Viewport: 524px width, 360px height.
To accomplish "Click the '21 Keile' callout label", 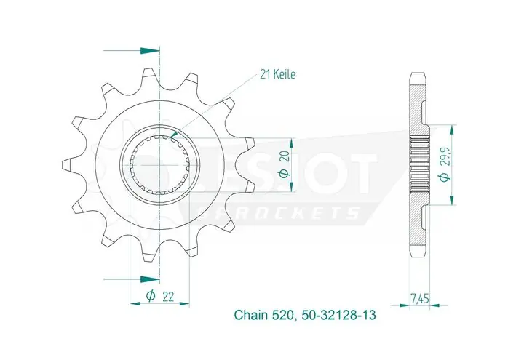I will [x=277, y=74].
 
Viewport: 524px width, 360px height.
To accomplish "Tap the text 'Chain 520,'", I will [x=263, y=316].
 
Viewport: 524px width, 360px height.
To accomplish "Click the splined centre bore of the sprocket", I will [x=160, y=164].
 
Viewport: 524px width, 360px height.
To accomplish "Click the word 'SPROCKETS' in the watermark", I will [x=287, y=212].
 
